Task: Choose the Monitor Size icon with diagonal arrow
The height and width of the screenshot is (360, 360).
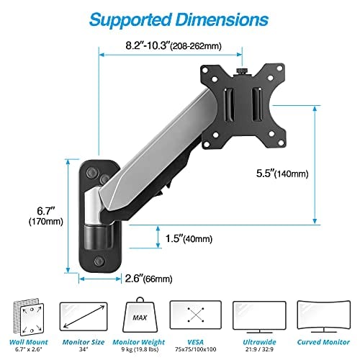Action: tap(85, 315)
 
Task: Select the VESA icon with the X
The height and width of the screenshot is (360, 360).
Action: tap(194, 315)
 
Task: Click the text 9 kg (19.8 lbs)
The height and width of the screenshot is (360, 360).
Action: tap(140, 351)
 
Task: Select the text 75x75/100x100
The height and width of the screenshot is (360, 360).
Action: tap(194, 351)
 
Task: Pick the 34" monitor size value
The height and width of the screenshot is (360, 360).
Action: tap(85, 351)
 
